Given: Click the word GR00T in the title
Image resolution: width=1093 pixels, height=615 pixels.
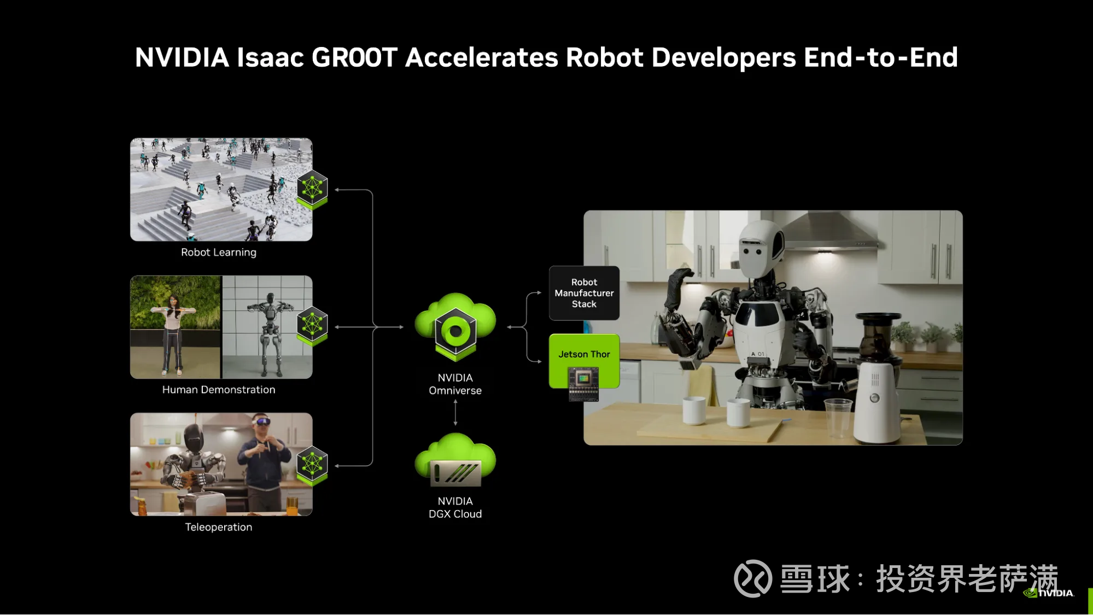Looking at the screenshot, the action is (354, 57).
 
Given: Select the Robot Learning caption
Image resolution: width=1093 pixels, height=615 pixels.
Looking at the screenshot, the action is (219, 253).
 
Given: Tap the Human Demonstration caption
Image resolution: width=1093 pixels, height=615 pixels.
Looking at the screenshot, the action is (219, 390).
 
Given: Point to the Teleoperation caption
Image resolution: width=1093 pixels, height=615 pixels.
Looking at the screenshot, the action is (219, 527).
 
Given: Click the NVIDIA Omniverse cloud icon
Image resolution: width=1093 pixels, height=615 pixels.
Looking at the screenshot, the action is (455, 327).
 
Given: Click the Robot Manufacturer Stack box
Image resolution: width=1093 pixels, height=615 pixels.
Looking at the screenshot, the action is (584, 293).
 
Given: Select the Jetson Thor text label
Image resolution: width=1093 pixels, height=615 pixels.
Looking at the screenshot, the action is (584, 354).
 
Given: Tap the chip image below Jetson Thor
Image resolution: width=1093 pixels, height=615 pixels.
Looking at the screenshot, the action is (583, 384).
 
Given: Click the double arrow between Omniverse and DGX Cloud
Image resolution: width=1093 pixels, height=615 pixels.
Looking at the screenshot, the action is (455, 412).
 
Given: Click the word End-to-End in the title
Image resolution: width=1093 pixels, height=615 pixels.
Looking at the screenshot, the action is (880, 57).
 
